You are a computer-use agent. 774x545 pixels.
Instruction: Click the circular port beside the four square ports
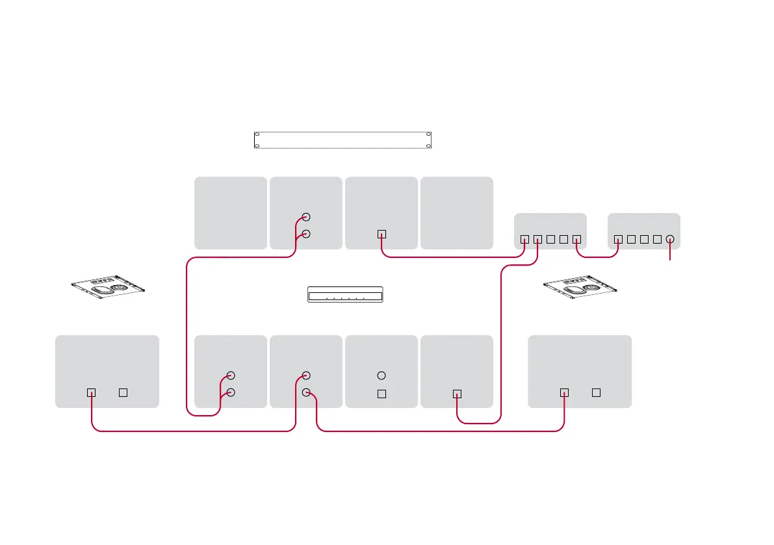(x=670, y=239)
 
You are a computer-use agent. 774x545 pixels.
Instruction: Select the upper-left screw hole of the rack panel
(x=257, y=135)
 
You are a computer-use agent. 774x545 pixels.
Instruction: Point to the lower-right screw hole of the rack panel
(x=428, y=146)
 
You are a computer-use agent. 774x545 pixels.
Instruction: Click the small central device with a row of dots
(x=345, y=295)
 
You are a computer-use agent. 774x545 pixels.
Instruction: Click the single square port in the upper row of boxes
(x=382, y=234)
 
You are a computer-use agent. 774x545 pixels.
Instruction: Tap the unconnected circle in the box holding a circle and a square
(x=382, y=375)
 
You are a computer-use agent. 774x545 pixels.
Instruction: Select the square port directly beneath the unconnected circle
(x=382, y=393)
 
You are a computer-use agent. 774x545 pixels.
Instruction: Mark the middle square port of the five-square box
(x=550, y=239)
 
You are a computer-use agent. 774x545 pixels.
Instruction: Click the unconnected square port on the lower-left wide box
(x=123, y=392)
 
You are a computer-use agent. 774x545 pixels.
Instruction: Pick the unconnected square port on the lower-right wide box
(x=596, y=392)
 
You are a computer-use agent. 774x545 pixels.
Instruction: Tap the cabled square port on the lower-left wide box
(x=92, y=392)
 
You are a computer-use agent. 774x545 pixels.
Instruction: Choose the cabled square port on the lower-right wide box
(x=564, y=392)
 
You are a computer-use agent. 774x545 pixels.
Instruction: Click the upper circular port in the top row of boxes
(x=307, y=217)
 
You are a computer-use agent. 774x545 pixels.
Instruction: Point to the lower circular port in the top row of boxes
(x=307, y=234)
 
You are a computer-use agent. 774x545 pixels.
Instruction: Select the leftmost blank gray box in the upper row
(x=231, y=212)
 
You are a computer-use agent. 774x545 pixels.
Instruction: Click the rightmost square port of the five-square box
(x=576, y=239)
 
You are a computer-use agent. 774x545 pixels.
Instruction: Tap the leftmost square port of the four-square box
(x=618, y=239)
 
